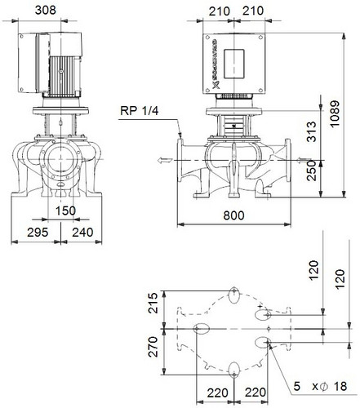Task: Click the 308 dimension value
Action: tap(46, 10)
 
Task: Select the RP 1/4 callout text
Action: tap(139, 111)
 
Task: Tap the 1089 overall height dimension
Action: tap(335, 113)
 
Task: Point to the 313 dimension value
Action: tap(312, 131)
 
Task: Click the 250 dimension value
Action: tap(312, 171)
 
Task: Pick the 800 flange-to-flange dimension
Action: tap(233, 215)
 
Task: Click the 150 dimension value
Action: tap(65, 211)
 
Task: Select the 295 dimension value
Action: tap(38, 233)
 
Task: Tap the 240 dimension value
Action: tap(82, 233)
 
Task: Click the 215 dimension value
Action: tap(153, 303)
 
